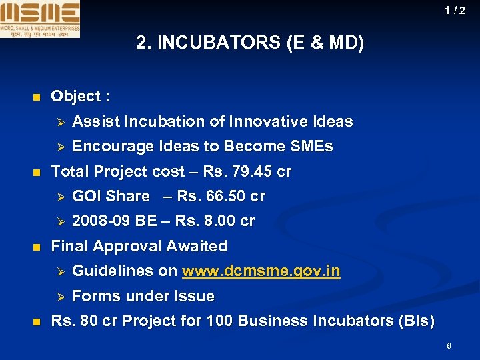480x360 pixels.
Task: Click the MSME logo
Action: (40, 19)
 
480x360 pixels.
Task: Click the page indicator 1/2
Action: (456, 10)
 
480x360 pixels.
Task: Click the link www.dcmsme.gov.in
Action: (261, 271)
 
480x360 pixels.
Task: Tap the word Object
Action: (75, 97)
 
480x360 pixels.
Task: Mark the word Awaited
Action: (197, 247)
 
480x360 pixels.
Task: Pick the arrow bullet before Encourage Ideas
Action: (58, 147)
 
